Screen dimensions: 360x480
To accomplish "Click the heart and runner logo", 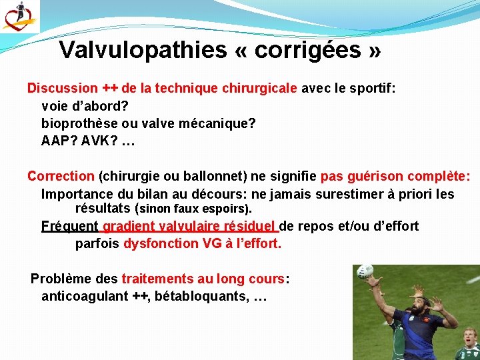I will tap(19, 17).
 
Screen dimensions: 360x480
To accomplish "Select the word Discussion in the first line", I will tap(62, 88).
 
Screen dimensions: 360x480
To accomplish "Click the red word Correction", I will tap(61, 177).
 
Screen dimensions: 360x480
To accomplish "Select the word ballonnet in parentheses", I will tap(209, 177).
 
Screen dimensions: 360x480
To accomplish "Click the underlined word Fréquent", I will tap(70, 227).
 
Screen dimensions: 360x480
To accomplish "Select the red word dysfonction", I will tap(161, 244).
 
